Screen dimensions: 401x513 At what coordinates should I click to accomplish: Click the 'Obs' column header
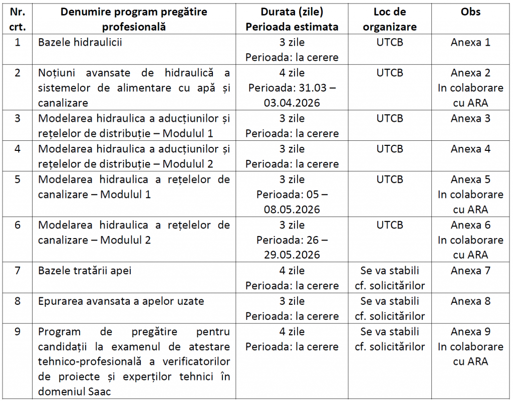tap(470, 12)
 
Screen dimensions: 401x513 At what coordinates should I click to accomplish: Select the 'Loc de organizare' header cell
tap(390, 19)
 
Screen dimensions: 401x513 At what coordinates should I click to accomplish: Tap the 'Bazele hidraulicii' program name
tap(80, 43)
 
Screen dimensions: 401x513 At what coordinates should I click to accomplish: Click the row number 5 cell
tap(18, 179)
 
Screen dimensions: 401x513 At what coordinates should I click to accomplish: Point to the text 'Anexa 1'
tap(470, 43)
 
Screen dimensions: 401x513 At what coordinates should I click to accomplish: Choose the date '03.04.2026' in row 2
tap(292, 103)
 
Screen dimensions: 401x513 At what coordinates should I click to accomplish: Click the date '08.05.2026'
tap(292, 210)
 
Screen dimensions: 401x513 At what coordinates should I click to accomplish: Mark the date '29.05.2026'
tap(292, 255)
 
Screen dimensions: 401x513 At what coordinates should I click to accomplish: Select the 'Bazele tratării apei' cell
tap(85, 271)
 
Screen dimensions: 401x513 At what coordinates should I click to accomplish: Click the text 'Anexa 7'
tap(470, 271)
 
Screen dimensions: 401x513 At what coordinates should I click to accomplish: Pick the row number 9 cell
tap(18, 332)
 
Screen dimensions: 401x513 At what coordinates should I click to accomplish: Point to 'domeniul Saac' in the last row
tap(74, 391)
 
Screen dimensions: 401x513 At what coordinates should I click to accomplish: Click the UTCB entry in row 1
tap(390, 43)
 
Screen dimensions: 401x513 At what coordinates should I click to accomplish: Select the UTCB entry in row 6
tap(390, 225)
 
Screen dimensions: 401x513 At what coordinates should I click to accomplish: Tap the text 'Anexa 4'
tap(470, 149)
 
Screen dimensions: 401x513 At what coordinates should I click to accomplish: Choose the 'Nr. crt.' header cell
tap(18, 19)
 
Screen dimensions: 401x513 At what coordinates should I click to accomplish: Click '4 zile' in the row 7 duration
tap(292, 271)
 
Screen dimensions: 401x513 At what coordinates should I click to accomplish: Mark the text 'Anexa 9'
tap(470, 332)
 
